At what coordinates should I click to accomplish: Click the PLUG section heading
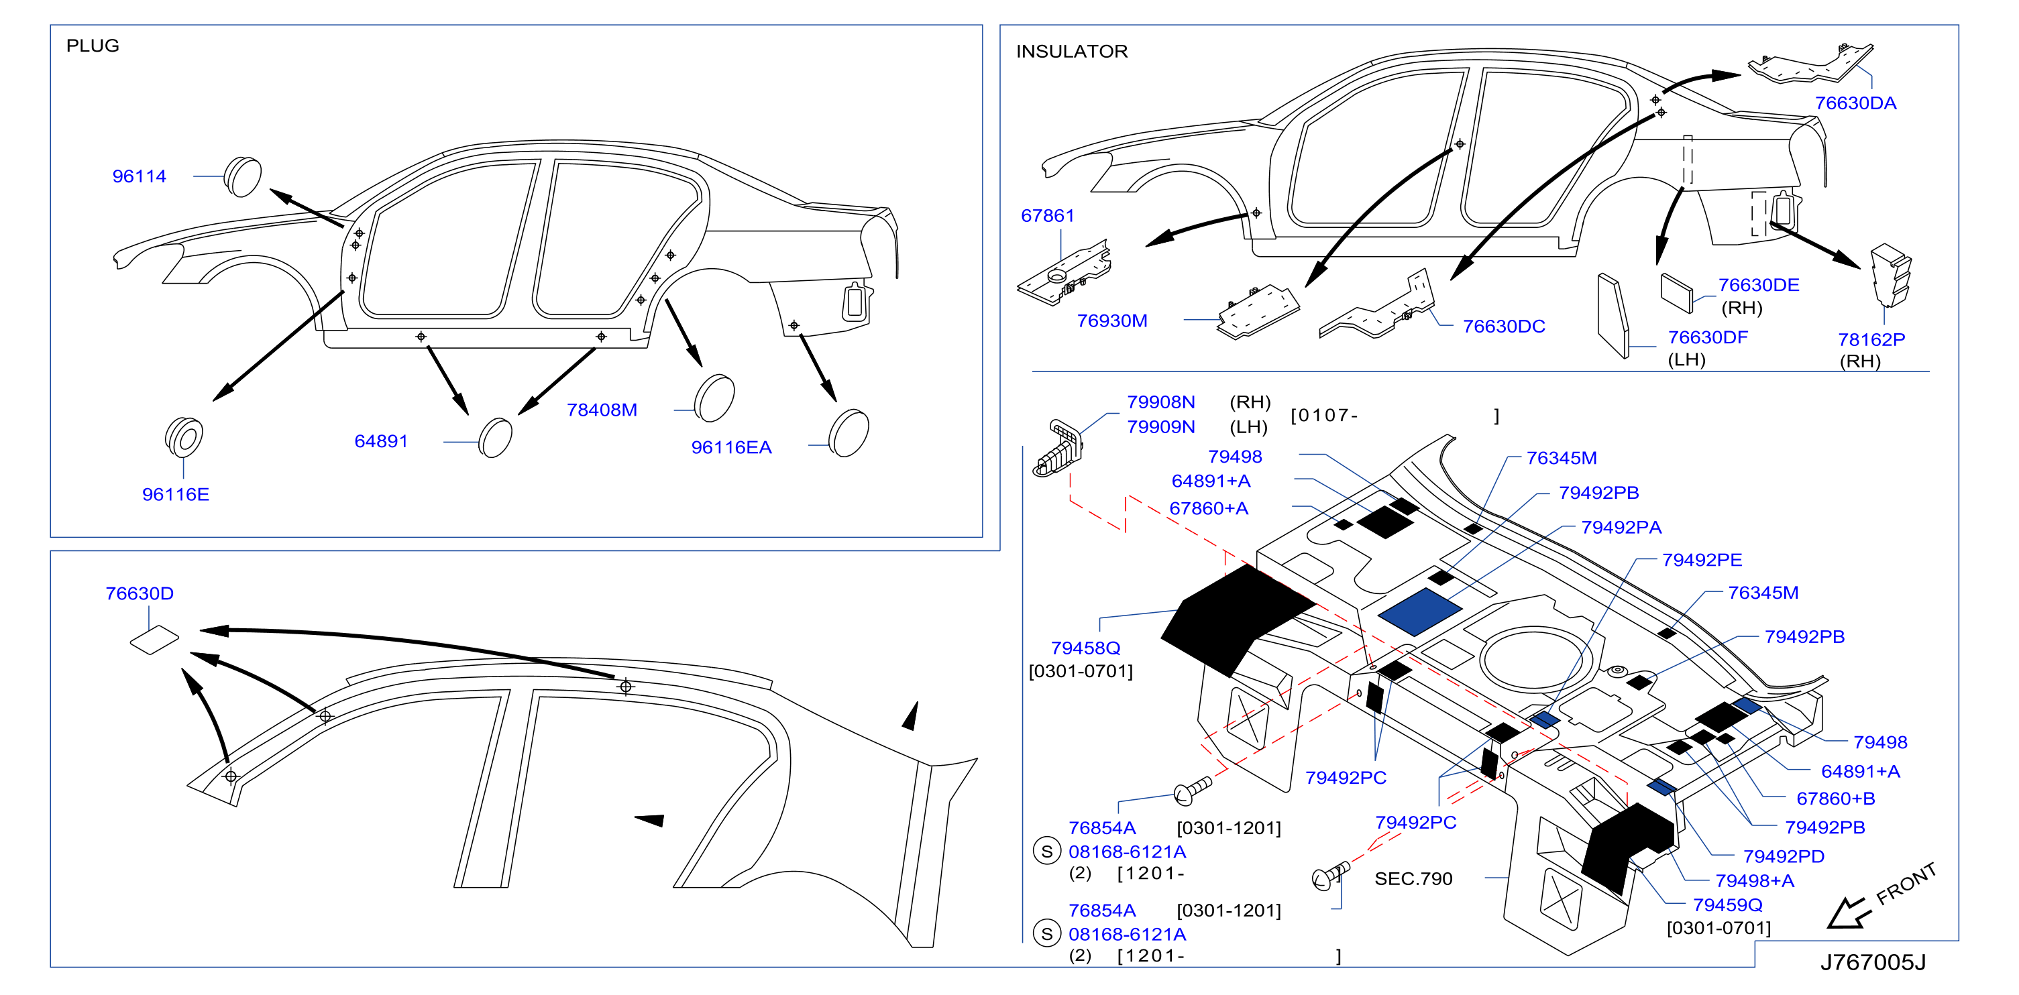click(x=93, y=46)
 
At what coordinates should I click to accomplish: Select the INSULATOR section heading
click(x=1071, y=52)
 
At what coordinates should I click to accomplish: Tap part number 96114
click(x=139, y=176)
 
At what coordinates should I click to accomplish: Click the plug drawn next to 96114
click(x=242, y=177)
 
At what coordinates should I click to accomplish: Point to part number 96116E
click(x=176, y=494)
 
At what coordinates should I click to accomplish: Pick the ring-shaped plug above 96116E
click(x=184, y=437)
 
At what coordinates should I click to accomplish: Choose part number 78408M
click(x=602, y=410)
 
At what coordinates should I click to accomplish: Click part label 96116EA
click(x=731, y=447)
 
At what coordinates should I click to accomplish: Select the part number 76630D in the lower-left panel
click(x=140, y=594)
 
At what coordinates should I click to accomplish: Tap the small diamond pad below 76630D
click(x=154, y=640)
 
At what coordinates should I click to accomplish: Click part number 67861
click(x=1047, y=215)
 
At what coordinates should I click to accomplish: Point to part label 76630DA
click(x=1855, y=103)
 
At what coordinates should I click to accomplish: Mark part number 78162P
click(x=1871, y=339)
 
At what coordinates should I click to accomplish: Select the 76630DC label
click(x=1504, y=327)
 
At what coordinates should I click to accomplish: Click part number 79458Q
click(x=1085, y=648)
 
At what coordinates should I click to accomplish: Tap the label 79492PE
click(x=1702, y=560)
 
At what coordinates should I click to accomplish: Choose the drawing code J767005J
click(x=1872, y=963)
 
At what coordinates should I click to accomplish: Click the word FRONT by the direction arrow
click(x=1906, y=883)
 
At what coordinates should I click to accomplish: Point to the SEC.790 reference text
click(x=1413, y=879)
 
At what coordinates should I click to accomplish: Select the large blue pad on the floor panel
click(x=1419, y=612)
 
